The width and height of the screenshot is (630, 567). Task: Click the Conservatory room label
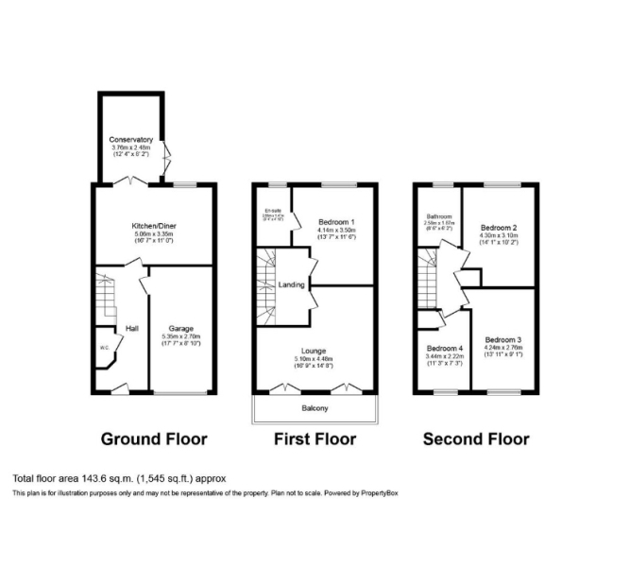[x=131, y=140]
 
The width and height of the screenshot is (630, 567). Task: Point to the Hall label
[x=132, y=328]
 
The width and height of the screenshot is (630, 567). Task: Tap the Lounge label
[x=315, y=351]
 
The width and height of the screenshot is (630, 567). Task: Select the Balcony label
[x=315, y=408]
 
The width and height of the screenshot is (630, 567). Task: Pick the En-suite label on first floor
[x=273, y=210]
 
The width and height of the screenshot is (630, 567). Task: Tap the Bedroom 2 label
[x=499, y=228]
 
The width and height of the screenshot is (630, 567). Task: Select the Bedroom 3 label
[x=503, y=340]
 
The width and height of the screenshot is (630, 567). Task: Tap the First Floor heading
[x=315, y=439]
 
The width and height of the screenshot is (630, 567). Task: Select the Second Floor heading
[x=475, y=439]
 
